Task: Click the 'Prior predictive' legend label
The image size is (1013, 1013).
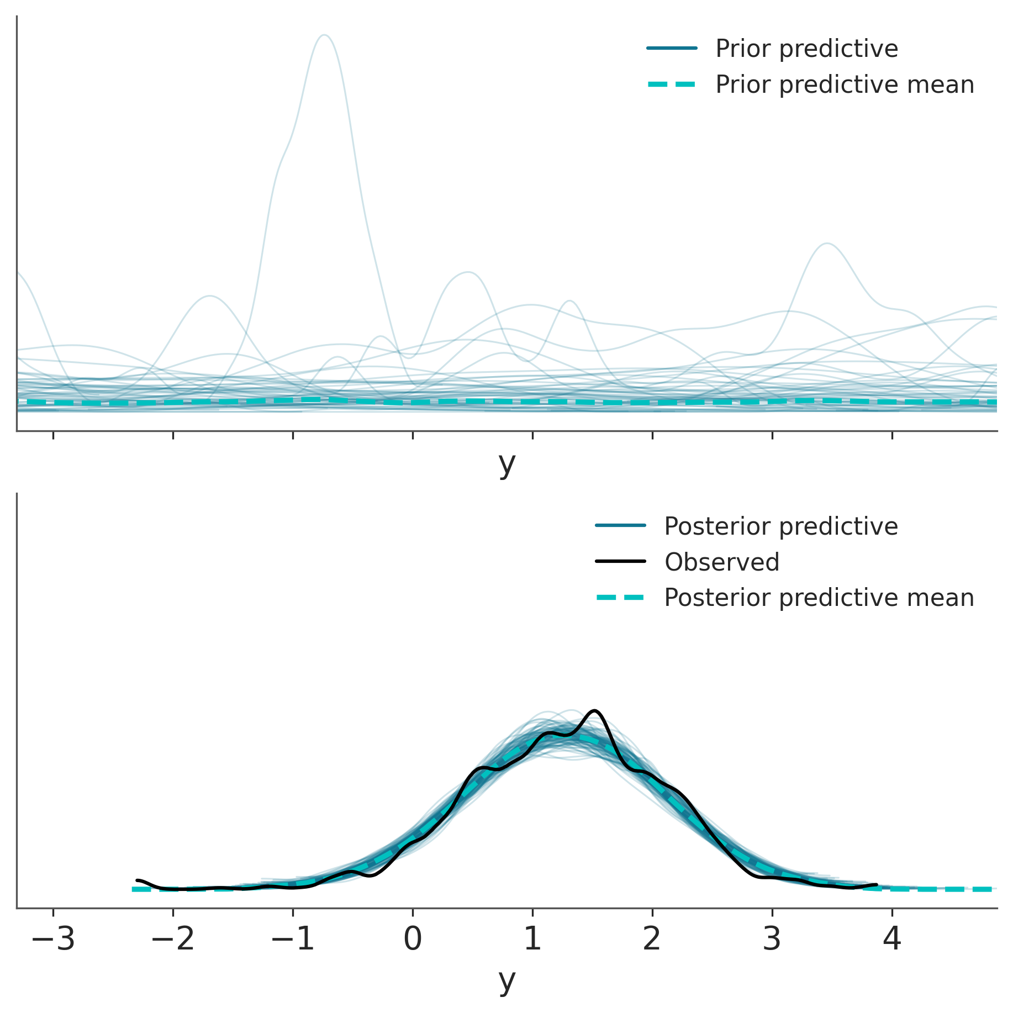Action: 806,49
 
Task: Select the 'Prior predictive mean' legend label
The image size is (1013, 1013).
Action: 845,85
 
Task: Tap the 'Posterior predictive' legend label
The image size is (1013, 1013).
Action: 780,526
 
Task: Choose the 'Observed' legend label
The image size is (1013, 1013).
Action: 721,562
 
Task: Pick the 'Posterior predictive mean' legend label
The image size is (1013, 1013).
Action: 819,598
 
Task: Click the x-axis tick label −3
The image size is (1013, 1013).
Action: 53,939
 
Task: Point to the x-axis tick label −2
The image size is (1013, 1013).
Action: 173,939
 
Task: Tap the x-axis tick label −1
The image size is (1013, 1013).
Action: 293,939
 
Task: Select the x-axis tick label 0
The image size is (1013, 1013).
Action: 413,939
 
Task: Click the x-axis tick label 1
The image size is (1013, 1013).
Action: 532,939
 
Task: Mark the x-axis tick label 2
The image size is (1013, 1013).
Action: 652,939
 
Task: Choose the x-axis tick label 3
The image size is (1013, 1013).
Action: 772,939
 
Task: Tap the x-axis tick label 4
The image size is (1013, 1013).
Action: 892,939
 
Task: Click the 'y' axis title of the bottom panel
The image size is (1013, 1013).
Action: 506,980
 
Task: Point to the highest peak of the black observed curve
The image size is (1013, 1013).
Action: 594,710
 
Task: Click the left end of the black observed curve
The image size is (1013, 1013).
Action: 137,880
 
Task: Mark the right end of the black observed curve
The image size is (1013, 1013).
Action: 877,884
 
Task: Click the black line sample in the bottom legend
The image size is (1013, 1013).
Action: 620,562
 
